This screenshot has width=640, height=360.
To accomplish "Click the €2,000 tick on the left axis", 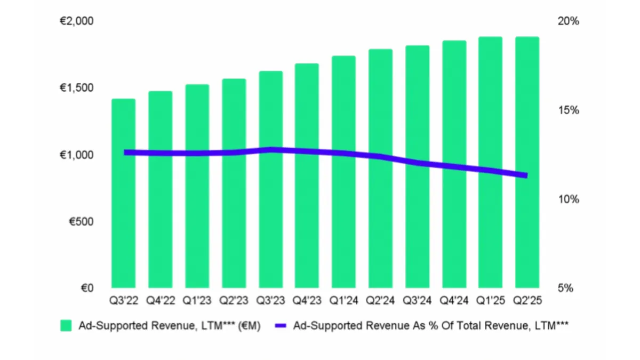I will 76,21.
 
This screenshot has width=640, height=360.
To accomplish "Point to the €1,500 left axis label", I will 76,88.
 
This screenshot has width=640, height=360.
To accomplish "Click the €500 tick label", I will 80,221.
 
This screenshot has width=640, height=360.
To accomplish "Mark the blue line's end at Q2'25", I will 526,175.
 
